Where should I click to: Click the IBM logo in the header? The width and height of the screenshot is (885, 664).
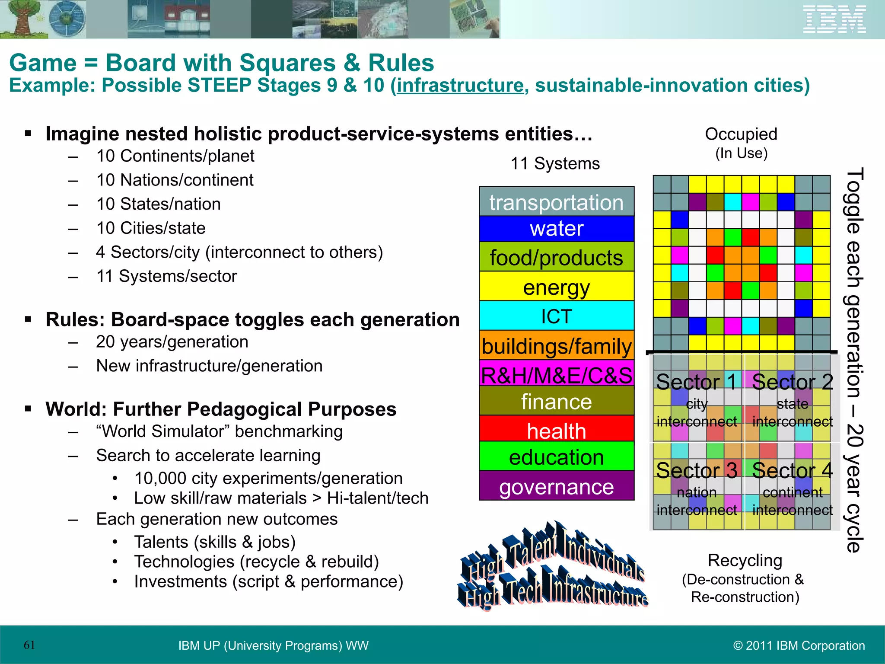[x=834, y=19]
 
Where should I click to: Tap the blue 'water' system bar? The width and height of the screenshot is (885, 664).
[x=557, y=229]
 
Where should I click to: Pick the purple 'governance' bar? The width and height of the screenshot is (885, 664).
[x=557, y=486]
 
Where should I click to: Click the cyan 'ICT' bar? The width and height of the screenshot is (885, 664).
[x=557, y=316]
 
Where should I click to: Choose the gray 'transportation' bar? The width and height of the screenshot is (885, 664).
[x=557, y=202]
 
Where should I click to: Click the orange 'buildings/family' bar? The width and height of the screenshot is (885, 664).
[x=557, y=346]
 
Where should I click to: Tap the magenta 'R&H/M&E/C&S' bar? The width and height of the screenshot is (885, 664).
[x=557, y=374]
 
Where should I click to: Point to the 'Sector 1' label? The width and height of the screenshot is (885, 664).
[x=696, y=382]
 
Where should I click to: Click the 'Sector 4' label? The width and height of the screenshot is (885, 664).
[x=792, y=471]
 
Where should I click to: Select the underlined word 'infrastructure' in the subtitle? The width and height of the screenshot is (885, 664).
[x=460, y=85]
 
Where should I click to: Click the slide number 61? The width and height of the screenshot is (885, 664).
[x=29, y=645]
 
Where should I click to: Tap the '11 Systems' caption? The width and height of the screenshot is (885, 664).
[x=555, y=164]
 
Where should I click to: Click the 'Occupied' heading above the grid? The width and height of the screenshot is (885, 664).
[x=741, y=134]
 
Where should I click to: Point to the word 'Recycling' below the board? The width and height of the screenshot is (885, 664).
[x=745, y=560]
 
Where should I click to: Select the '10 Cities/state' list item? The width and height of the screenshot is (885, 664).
[x=151, y=228]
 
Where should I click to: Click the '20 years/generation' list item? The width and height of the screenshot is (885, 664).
[x=172, y=342]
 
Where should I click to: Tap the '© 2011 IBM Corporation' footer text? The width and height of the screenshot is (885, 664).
[x=799, y=645]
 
